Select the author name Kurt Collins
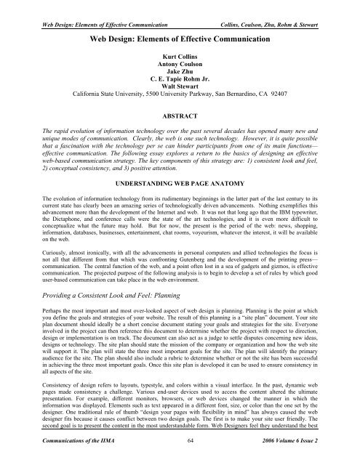point(180,54)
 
